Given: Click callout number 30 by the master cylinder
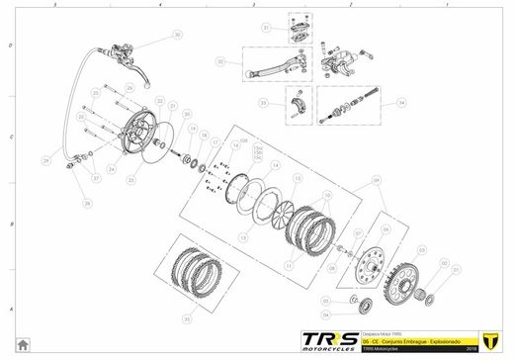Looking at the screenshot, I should click(178, 35).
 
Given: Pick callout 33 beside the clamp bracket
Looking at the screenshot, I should click(265, 103).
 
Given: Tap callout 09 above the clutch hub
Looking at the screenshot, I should click(377, 181).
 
